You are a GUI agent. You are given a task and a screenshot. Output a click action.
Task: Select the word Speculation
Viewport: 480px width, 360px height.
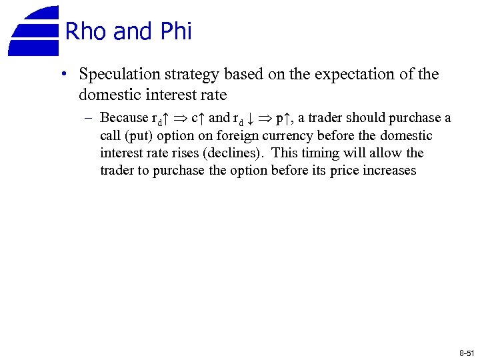click(x=116, y=75)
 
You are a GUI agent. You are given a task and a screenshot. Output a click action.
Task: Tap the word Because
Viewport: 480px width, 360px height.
click(x=124, y=118)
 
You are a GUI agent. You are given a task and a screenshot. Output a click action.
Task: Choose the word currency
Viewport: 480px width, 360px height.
click(x=287, y=136)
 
